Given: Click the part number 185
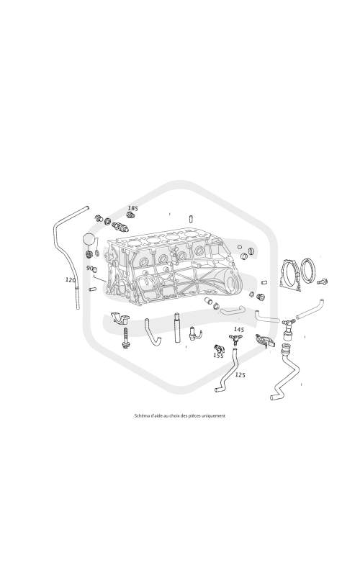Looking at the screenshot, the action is tap(132, 208).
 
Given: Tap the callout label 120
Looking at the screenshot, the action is tap(70, 280).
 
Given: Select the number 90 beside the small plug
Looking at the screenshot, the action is tap(89, 268).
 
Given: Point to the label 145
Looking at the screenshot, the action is tap(239, 330).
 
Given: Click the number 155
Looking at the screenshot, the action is tap(218, 356).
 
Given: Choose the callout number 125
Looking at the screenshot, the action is tap(240, 374).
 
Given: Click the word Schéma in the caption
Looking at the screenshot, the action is tap(141, 416).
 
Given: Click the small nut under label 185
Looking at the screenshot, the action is tap(130, 215).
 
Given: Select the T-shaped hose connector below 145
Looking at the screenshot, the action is tap(235, 338).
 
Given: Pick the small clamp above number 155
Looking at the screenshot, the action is tap(218, 348).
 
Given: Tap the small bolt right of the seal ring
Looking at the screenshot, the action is tap(323, 282).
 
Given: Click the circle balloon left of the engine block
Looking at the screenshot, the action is tap(89, 239).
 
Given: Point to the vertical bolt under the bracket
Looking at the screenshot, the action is tap(125, 338).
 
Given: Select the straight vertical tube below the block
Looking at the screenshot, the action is tap(176, 328).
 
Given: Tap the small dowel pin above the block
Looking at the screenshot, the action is tap(191, 218).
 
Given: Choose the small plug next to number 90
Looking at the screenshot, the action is tap(94, 271).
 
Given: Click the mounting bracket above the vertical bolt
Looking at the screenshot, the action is tap(120, 318).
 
